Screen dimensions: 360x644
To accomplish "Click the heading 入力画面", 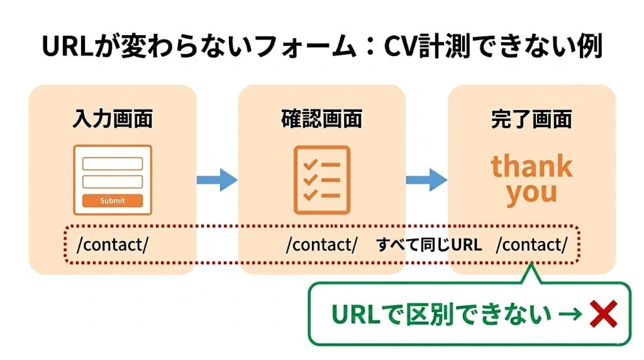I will click(x=113, y=119).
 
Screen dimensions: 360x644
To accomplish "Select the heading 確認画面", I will click(x=321, y=119).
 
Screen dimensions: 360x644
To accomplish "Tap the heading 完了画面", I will click(x=531, y=119).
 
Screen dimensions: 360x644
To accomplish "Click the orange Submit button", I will click(x=113, y=201).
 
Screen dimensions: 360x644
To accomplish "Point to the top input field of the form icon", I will click(x=113, y=164).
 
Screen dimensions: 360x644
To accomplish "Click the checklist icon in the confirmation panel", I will click(x=321, y=179).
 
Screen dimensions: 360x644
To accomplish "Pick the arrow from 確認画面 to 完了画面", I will click(x=426, y=180).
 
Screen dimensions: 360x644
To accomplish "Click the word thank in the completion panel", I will click(x=531, y=166).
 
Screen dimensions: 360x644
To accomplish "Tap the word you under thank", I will click(x=531, y=192).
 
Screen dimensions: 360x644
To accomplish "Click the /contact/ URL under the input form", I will click(x=113, y=245).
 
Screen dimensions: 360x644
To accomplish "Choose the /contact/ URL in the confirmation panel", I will click(x=321, y=245).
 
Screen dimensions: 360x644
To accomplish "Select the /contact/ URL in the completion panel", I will click(x=531, y=245).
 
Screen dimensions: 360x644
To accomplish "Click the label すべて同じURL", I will click(x=429, y=245).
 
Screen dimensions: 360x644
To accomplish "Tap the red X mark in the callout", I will click(x=602, y=315).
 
